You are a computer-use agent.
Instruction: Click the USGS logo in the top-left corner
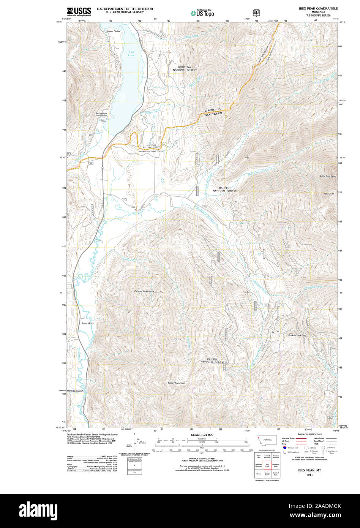pos(79,12)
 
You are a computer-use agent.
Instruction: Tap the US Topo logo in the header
pos(203,13)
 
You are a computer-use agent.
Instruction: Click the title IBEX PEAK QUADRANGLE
pos(318,8)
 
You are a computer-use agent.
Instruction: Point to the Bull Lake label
pos(131,54)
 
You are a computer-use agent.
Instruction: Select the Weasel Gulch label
pos(112,31)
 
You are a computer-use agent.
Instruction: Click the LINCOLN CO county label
pos(213,110)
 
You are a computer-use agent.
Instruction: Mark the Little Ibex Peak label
pos(328,176)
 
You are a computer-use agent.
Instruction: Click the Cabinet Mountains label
pos(144,291)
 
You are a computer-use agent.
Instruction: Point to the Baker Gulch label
pos(88,323)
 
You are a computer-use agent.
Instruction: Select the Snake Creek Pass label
pos(297,335)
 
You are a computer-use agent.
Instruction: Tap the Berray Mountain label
pos(177,383)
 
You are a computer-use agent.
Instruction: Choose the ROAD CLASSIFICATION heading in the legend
pos(309,434)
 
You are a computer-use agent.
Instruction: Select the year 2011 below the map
pos(309,474)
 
